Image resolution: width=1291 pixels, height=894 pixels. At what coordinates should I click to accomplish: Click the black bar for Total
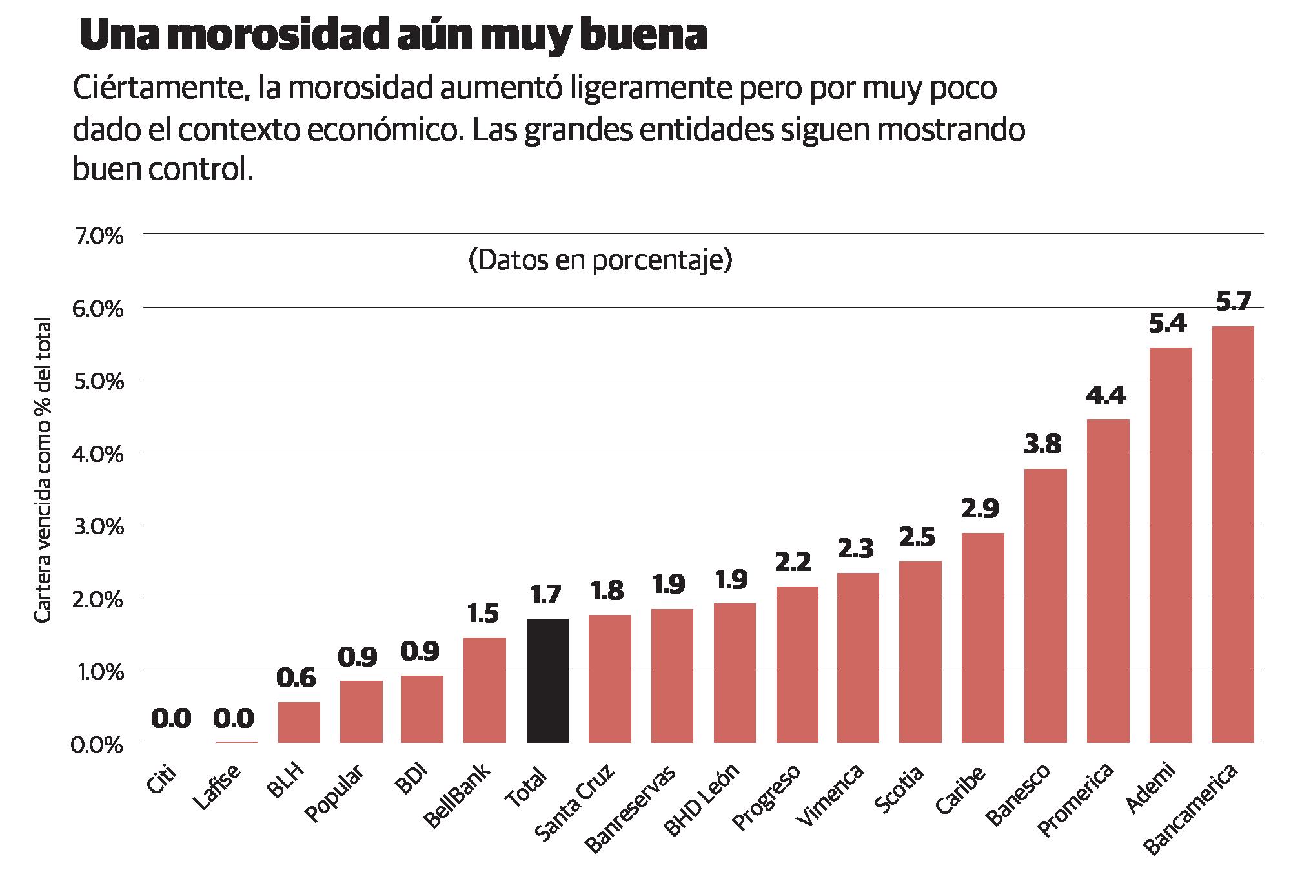click(547, 681)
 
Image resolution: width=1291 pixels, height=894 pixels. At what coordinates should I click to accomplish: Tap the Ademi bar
click(1170, 546)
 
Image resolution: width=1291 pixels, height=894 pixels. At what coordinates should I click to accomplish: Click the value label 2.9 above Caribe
click(982, 510)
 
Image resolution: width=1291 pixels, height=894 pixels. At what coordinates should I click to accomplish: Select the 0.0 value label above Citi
click(172, 718)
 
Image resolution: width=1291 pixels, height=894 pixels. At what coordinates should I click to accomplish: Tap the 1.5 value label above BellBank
click(483, 614)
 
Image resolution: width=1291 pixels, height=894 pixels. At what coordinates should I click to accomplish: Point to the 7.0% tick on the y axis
click(99, 236)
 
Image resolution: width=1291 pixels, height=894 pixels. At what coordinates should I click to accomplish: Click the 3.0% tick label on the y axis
click(99, 527)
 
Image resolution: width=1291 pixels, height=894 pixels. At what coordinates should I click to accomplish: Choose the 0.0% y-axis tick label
click(97, 745)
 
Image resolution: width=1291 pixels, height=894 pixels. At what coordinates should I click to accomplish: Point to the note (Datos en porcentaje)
click(600, 260)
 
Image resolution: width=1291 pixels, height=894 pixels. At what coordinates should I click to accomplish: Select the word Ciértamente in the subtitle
click(161, 88)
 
